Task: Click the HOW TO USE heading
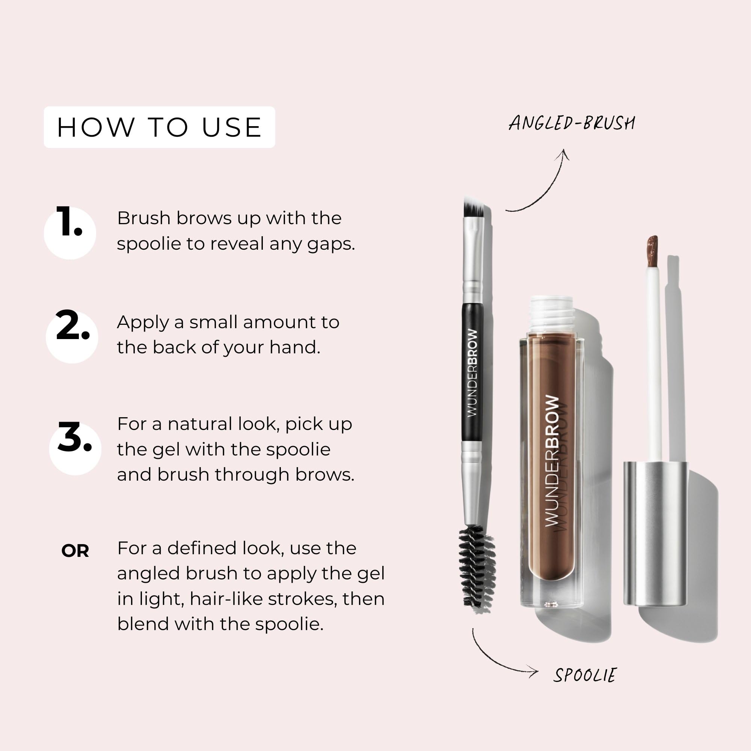tap(159, 127)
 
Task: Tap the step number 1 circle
tap(69, 233)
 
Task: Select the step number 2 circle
tap(72, 336)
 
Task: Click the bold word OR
tap(75, 551)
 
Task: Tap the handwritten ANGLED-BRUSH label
tap(572, 123)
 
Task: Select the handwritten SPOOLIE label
tap(585, 675)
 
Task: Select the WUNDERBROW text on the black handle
tap(472, 373)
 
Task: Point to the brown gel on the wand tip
tap(652, 251)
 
